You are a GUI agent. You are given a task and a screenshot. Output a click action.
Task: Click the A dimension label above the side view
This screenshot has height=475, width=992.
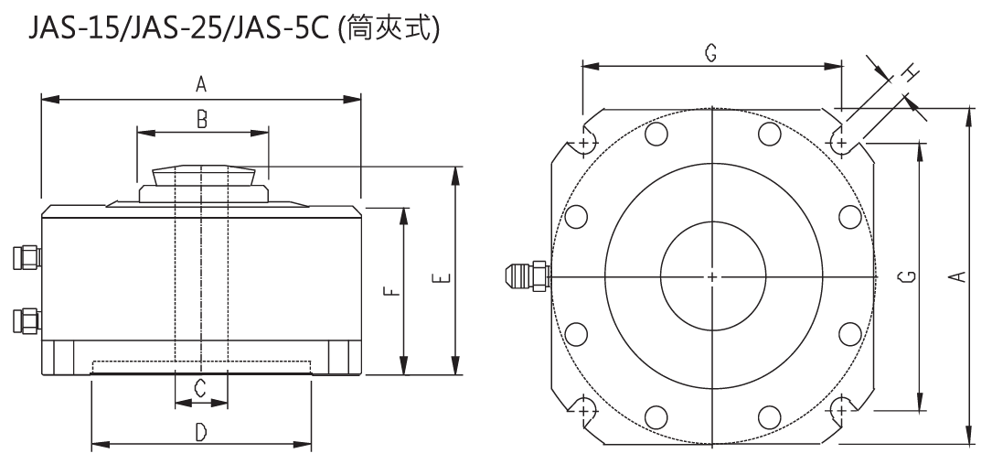[x=201, y=85]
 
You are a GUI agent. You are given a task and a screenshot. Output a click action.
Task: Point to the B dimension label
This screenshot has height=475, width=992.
[x=203, y=118]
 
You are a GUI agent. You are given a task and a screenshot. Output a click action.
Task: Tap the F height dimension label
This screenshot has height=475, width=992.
[x=389, y=291]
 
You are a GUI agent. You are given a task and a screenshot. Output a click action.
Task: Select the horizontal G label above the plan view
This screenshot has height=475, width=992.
[x=710, y=53]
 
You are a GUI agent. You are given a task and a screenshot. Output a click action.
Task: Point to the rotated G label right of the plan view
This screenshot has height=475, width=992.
[x=902, y=275]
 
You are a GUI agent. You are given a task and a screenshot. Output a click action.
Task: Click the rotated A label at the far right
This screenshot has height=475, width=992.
[x=955, y=275]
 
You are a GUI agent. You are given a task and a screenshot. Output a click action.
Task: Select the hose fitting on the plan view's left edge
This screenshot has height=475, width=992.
[x=527, y=274]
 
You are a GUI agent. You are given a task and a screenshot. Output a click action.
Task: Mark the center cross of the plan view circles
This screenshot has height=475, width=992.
[x=712, y=275]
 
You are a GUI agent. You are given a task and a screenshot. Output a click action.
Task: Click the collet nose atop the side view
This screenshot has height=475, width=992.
[x=203, y=175]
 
